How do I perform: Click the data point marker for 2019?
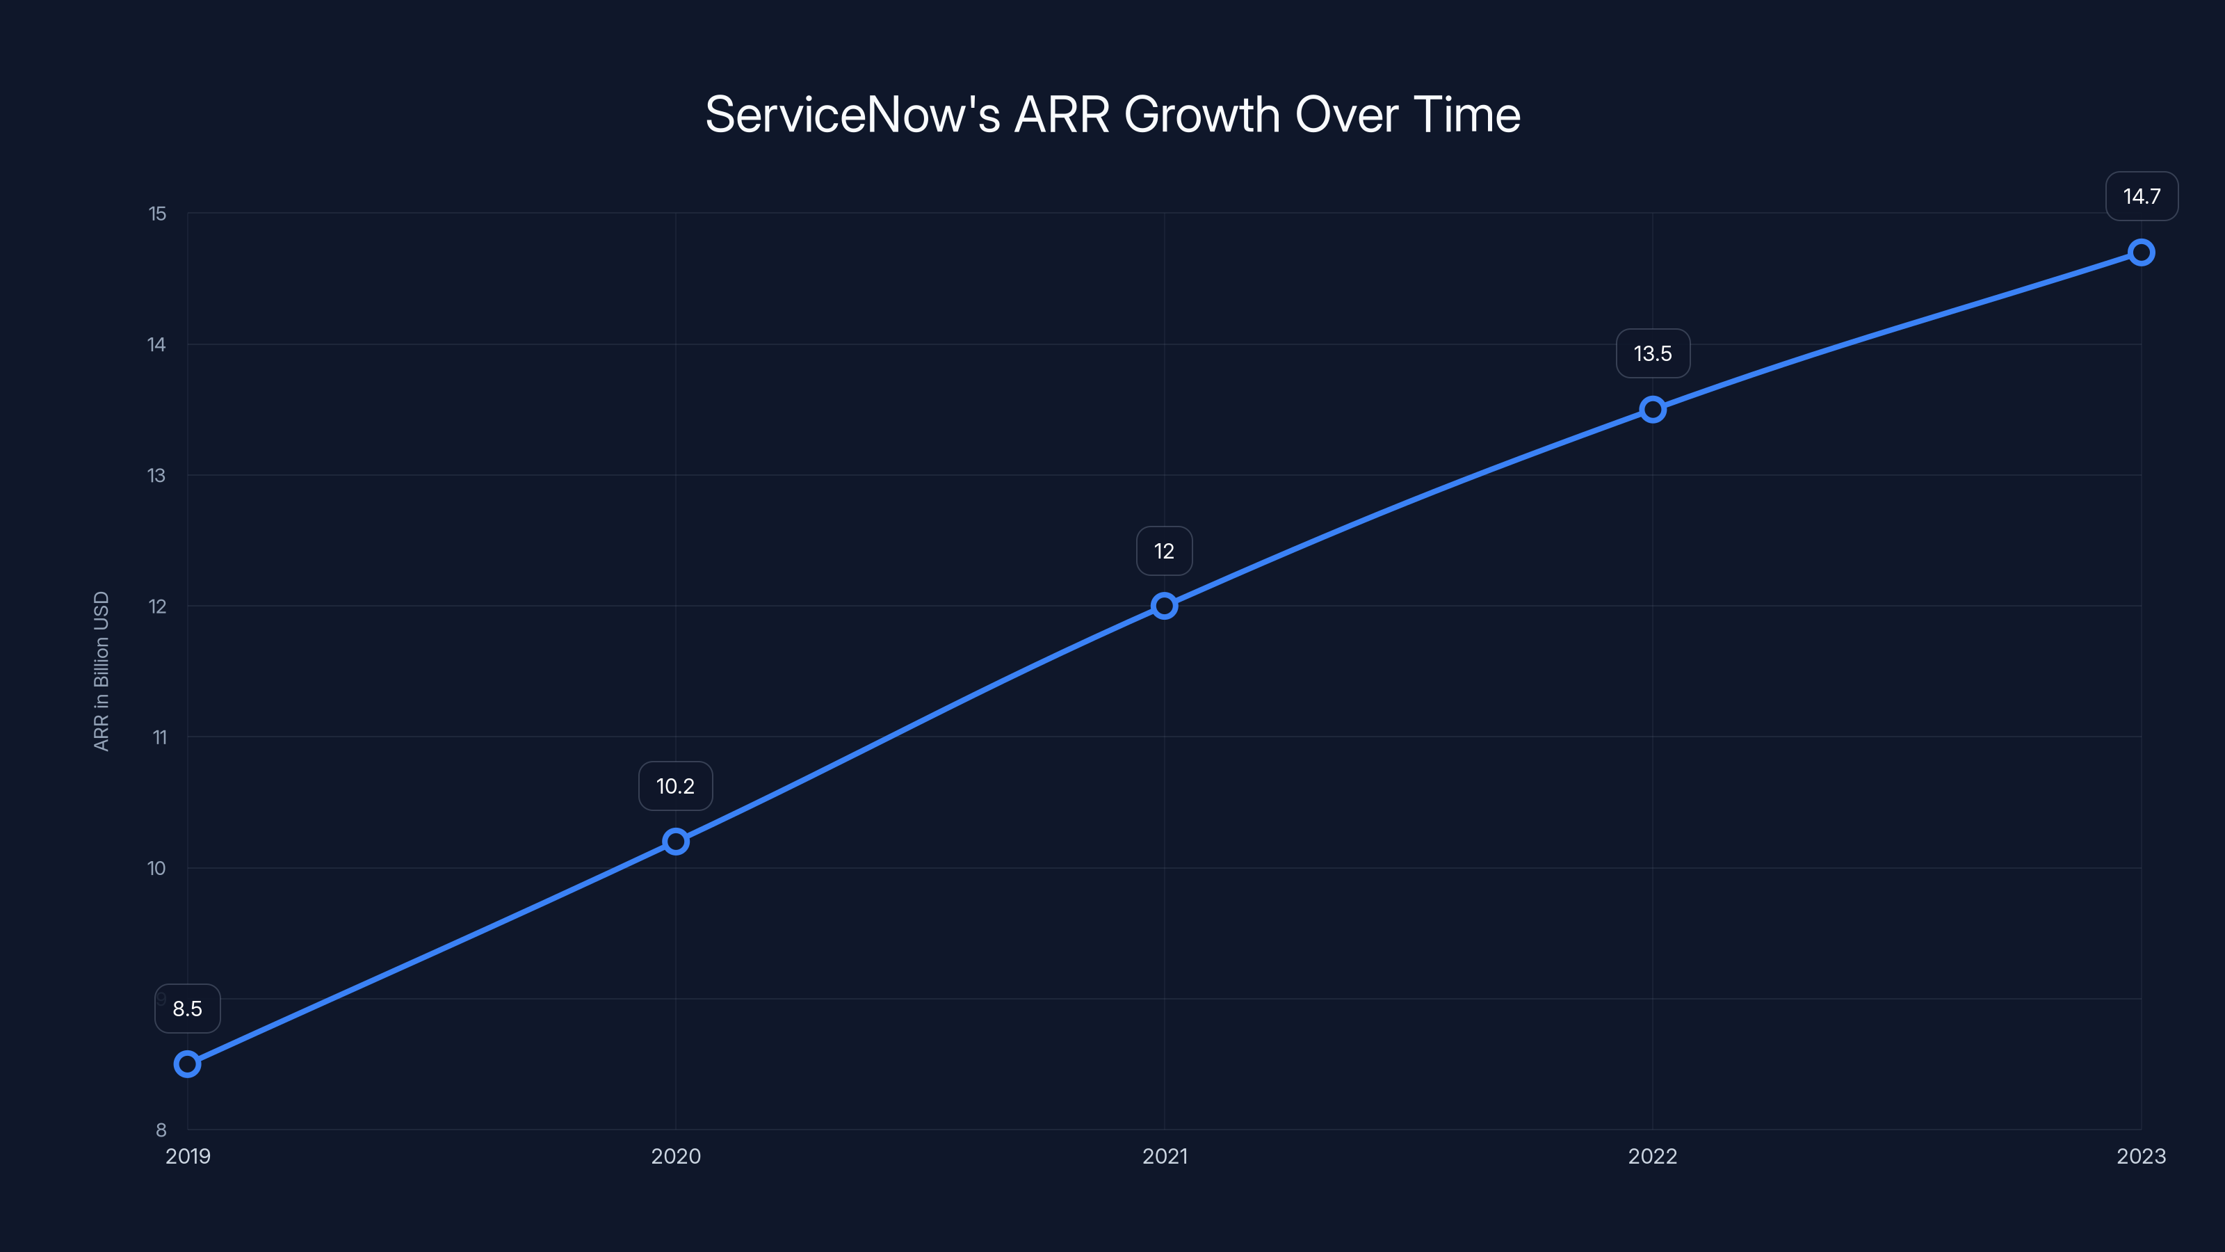click(x=188, y=1064)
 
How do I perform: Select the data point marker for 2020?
click(x=675, y=842)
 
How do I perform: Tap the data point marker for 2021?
click(x=1165, y=606)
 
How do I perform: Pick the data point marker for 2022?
click(x=1652, y=410)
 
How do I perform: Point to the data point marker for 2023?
click(x=2142, y=252)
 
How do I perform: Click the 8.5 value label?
click(x=188, y=1009)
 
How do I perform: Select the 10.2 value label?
click(x=675, y=786)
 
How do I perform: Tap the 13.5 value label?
click(x=1652, y=353)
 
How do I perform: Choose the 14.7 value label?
click(x=2142, y=196)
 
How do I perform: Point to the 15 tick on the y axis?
click(x=157, y=214)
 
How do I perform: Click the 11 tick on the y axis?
click(x=160, y=737)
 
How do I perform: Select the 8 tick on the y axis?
click(x=161, y=1130)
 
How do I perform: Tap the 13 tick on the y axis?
click(x=156, y=475)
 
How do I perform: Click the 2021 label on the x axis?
click(x=1165, y=1156)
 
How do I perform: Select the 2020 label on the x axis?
click(x=675, y=1156)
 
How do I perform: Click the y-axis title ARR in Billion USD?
click(x=101, y=671)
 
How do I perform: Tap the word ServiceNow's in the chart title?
click(x=852, y=114)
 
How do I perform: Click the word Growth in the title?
click(x=1201, y=114)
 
